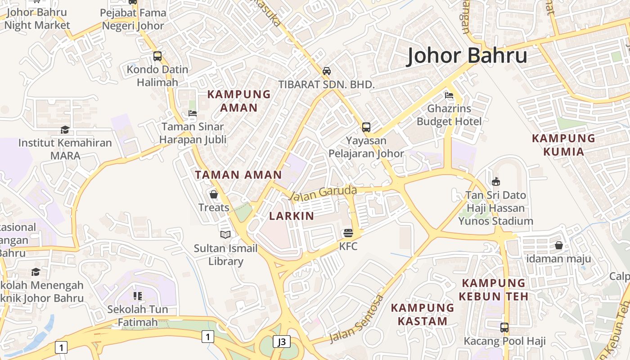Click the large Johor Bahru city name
click(467, 56)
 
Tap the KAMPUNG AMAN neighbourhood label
click(238, 101)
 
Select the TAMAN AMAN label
click(238, 175)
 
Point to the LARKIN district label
click(292, 216)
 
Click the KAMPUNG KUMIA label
click(563, 144)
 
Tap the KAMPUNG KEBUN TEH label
click(494, 289)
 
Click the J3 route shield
click(282, 342)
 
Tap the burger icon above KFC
click(348, 233)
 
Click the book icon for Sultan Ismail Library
click(225, 234)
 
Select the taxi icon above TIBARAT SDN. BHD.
click(327, 71)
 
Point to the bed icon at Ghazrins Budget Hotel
click(449, 95)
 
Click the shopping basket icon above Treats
click(214, 194)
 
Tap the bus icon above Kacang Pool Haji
click(504, 328)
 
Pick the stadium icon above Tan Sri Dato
click(495, 182)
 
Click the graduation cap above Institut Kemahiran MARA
click(65, 130)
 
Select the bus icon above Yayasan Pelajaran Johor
click(366, 127)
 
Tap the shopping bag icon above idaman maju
click(558, 245)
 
